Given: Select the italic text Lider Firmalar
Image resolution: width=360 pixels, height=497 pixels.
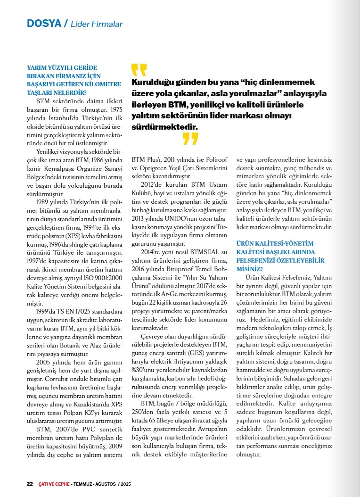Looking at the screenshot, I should tap(97, 24).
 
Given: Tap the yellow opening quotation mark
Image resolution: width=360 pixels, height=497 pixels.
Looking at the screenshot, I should tap(139, 69).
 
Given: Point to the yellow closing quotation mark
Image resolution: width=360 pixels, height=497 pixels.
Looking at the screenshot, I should tap(190, 138).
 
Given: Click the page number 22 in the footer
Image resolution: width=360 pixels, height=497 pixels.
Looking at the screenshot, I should tap(29, 484).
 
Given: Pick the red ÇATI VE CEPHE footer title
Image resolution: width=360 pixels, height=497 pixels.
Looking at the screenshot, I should tap(54, 484).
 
